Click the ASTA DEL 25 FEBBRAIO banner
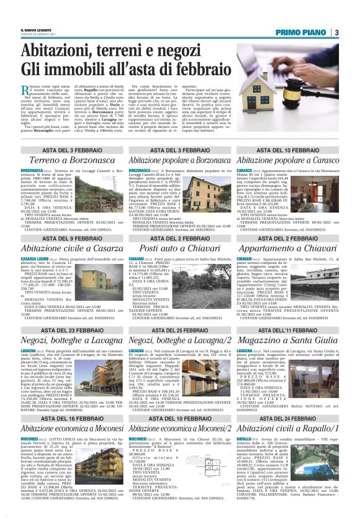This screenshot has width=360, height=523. (181, 331)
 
